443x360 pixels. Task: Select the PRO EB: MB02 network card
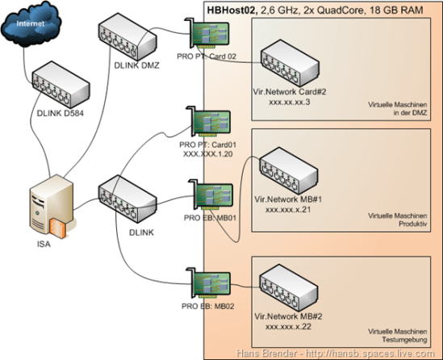point(211,280)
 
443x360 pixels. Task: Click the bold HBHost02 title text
point(233,10)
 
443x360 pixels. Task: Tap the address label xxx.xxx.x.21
point(289,207)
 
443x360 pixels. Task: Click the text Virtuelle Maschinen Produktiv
point(397,223)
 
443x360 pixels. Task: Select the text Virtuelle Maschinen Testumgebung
point(397,337)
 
